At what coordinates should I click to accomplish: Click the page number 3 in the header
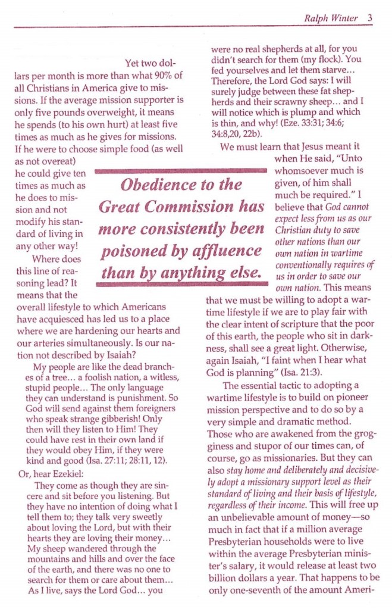(x=369, y=18)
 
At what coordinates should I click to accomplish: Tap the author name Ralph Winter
(x=331, y=18)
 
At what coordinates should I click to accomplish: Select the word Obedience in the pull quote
(x=157, y=185)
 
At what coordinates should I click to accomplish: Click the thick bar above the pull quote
(x=180, y=171)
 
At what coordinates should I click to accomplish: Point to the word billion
(x=221, y=582)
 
